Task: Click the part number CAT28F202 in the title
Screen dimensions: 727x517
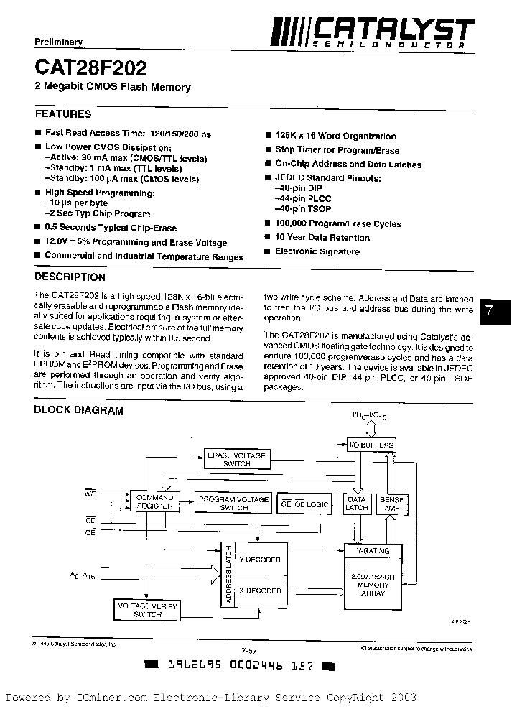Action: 90,68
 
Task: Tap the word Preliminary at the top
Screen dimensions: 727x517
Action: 59,42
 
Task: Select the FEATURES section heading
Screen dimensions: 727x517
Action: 63,114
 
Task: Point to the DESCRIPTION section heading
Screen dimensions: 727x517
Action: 70,277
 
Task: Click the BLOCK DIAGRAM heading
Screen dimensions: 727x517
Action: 79,410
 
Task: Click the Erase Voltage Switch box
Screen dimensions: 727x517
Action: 236,459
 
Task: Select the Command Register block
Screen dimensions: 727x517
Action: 154,501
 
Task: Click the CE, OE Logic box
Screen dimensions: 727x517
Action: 305,504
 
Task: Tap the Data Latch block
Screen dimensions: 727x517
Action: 357,503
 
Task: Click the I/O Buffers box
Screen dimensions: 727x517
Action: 371,445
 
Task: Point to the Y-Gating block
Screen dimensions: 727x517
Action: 373,551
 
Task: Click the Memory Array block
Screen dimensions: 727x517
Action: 373,585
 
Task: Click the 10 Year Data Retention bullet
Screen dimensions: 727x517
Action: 322,238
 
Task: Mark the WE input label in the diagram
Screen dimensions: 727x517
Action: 90,494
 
